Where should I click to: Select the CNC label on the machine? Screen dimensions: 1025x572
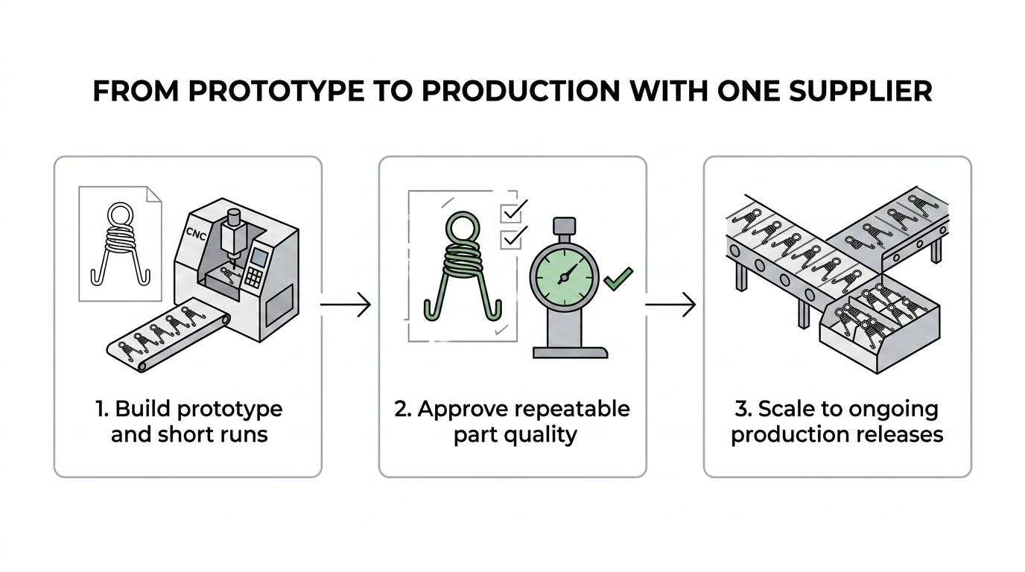pyautogui.click(x=197, y=233)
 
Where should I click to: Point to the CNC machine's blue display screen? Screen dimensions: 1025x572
pyautogui.click(x=258, y=257)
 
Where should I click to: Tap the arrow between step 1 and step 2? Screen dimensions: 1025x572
pyautogui.click(x=346, y=304)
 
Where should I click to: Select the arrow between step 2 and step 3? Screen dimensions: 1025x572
pyautogui.click(x=670, y=304)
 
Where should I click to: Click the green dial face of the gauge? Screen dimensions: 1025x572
pyautogui.click(x=564, y=278)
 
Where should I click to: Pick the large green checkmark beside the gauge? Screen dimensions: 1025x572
pyautogui.click(x=619, y=279)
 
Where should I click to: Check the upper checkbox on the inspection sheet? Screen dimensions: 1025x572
pyautogui.click(x=511, y=212)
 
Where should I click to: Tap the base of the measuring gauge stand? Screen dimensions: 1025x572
pyautogui.click(x=570, y=352)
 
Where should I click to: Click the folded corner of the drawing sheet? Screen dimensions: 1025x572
pyautogui.click(x=153, y=194)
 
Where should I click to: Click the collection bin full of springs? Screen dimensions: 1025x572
pyautogui.click(x=878, y=325)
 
